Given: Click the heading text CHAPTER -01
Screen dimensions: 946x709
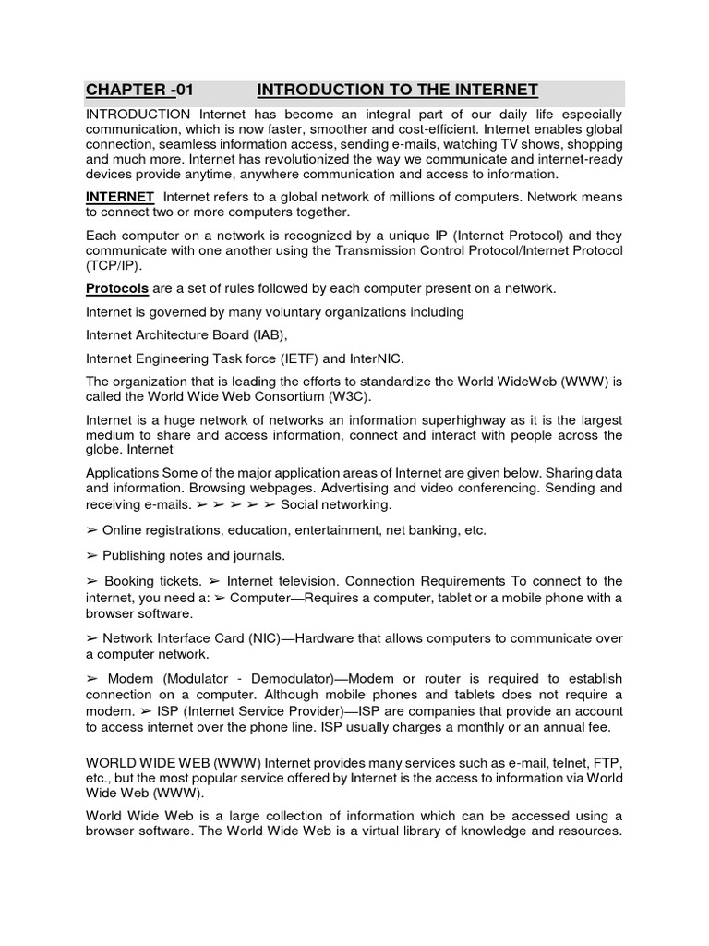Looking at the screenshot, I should (140, 90).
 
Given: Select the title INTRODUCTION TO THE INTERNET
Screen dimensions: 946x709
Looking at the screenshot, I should (397, 90).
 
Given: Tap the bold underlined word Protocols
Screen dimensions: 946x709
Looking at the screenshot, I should (117, 288).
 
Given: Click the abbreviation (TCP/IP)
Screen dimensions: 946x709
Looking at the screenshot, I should (115, 264).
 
